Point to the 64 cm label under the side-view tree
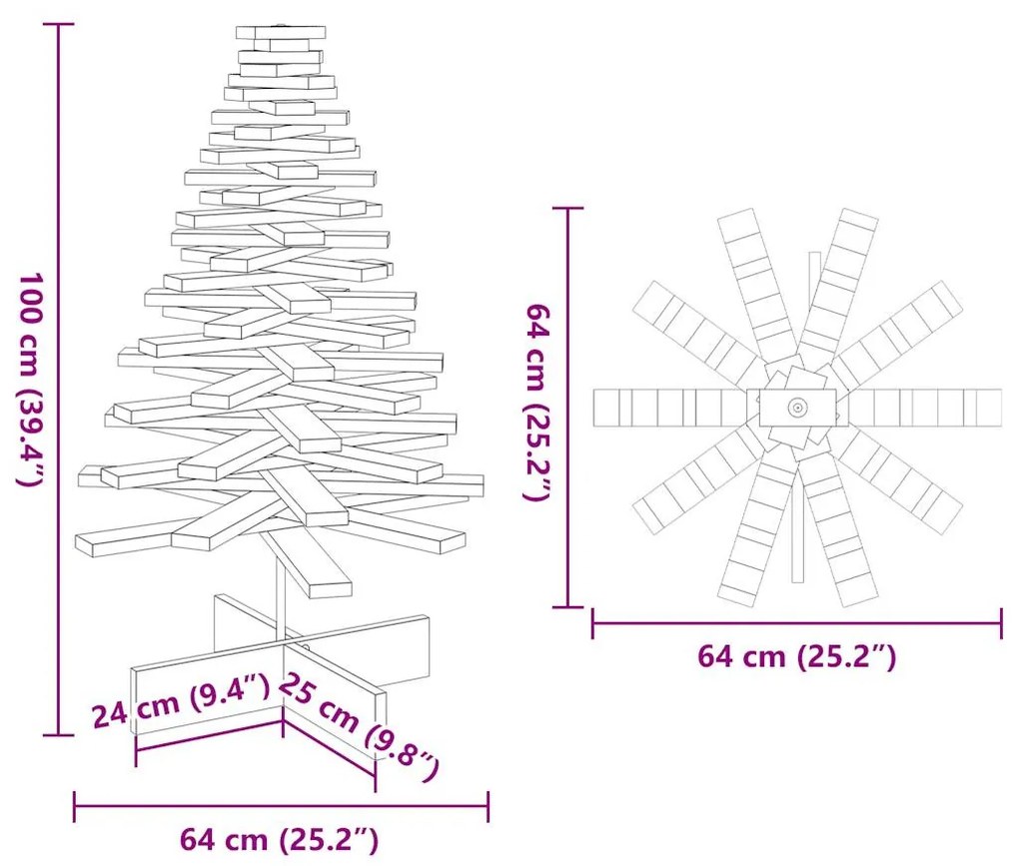click(280, 839)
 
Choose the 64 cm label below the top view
click(796, 656)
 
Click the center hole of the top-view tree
click(797, 407)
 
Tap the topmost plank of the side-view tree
click(281, 32)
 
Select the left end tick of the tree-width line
click(75, 806)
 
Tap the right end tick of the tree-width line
click(488, 806)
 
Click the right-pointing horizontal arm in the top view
click(924, 407)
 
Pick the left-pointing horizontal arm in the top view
click(669, 407)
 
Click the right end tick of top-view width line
click(1001, 624)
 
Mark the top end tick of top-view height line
click(568, 208)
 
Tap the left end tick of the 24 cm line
click(135, 751)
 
